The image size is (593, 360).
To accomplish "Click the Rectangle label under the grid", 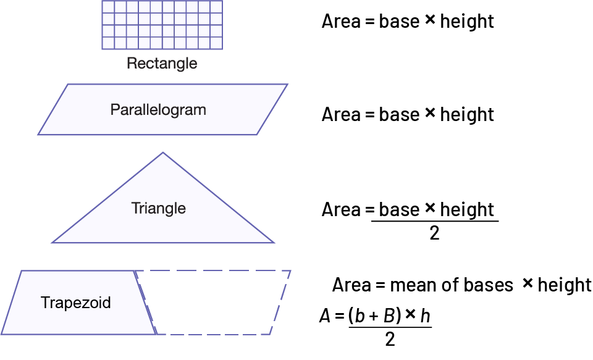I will (x=162, y=63).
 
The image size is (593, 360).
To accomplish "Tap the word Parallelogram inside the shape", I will (x=158, y=110).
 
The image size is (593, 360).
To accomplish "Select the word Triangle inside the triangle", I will (x=158, y=208).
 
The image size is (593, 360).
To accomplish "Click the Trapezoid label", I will (x=76, y=303).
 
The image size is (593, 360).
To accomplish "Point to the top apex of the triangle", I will (x=162, y=153).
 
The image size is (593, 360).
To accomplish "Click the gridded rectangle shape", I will (x=162, y=25).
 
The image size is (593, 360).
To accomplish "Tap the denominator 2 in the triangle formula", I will (x=434, y=234).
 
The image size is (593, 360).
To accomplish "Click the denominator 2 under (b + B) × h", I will (x=390, y=339).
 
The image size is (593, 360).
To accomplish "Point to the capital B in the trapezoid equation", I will (x=389, y=316).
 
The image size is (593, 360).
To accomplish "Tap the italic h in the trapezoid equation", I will (x=425, y=316).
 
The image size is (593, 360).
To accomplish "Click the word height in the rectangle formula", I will (x=467, y=22).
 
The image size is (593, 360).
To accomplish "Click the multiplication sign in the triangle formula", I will (x=431, y=209).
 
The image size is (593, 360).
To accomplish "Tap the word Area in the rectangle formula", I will (x=341, y=22).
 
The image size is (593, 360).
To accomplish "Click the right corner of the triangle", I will (x=274, y=243).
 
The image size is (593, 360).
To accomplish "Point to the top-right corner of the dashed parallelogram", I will (x=290, y=270).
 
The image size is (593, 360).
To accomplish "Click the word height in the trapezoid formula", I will (x=565, y=285).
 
